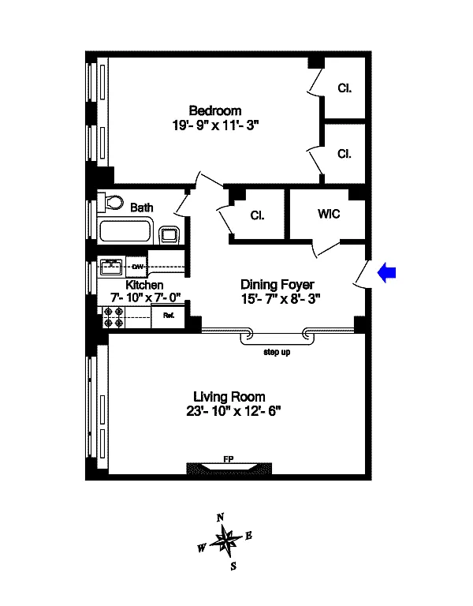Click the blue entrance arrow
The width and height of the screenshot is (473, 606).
386,272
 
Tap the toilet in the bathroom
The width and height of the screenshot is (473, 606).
110,203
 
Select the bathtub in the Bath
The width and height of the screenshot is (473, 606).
125,231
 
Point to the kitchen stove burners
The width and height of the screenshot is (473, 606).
114,317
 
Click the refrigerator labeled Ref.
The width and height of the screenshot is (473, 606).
169,316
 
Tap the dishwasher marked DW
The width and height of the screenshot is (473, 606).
137,267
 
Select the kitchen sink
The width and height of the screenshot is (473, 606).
111,267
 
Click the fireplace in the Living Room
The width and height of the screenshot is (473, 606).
229,469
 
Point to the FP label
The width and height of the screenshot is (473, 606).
228,459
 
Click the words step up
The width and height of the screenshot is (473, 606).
277,352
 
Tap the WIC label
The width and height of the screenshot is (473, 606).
329,214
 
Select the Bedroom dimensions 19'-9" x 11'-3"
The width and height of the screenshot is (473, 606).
215,125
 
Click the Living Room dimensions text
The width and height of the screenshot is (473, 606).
233,411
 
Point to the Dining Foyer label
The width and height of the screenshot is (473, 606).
277,285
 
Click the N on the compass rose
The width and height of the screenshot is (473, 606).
220,518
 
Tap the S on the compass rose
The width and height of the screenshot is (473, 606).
233,567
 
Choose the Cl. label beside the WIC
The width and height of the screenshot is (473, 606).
257,215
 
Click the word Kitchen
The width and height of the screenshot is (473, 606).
144,285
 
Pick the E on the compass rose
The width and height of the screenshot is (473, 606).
248,536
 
